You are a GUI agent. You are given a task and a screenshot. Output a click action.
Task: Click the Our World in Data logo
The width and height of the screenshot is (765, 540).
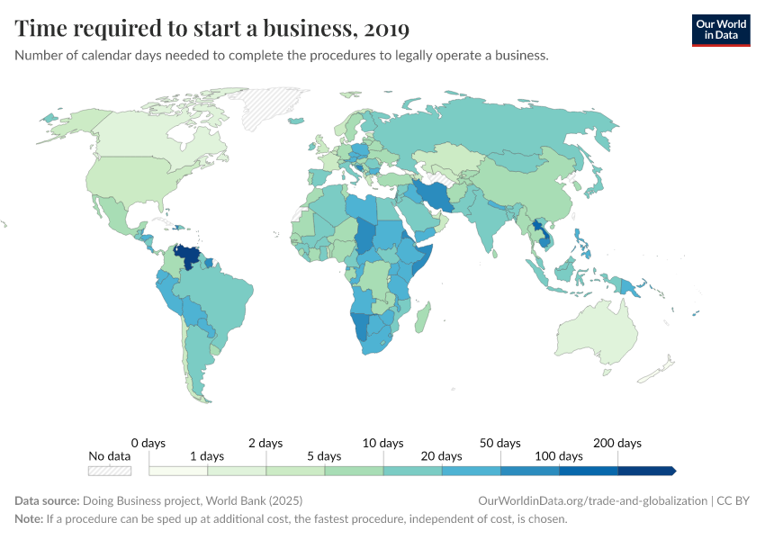[x=720, y=30]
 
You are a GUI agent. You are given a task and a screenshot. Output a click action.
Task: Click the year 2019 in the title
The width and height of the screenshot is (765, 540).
[x=384, y=29]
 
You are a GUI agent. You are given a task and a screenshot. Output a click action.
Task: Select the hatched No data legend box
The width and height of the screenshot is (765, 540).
[x=110, y=470]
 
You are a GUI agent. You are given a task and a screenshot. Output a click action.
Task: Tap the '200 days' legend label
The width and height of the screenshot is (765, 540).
[x=616, y=443]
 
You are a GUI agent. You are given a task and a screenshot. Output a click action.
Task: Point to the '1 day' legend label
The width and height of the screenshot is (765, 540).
[x=206, y=456]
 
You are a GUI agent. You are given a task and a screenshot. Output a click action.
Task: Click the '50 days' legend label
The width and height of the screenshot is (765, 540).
[x=499, y=443]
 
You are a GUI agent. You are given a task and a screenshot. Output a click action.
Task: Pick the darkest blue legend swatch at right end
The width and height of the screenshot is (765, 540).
[x=645, y=470]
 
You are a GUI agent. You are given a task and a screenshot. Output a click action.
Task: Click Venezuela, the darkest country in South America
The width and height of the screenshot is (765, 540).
[x=188, y=257]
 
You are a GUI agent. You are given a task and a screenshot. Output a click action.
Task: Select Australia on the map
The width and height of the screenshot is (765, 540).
[x=598, y=333]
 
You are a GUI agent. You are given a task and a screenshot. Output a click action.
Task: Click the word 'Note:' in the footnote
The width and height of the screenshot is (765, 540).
[x=30, y=519]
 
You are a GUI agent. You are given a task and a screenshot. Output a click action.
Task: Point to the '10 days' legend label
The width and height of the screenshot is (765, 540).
[x=382, y=443]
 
